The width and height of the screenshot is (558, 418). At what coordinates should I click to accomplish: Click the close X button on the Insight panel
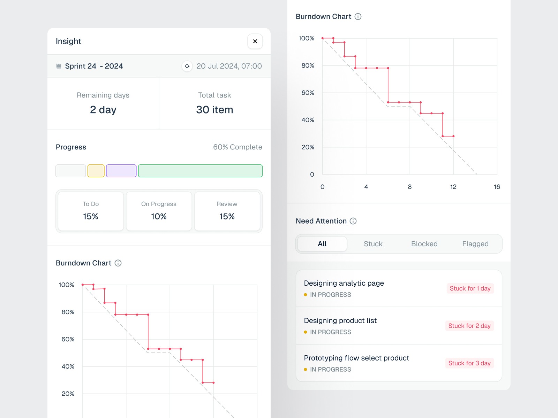pos(255,41)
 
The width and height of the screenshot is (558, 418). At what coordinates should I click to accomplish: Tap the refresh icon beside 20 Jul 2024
pos(187,66)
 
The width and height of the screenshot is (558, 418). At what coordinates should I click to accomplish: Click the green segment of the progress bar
pos(200,171)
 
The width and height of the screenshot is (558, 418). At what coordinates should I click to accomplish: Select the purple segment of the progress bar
pos(121,171)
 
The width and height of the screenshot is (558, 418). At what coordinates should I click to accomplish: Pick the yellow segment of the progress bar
pos(96,171)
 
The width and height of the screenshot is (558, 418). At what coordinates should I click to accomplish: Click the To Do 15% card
pos(91,211)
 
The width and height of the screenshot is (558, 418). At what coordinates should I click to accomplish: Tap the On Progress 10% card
pos(159,211)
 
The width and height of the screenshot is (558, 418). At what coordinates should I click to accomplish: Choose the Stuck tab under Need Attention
pos(373,244)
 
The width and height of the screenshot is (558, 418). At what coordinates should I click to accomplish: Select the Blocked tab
pos(424,244)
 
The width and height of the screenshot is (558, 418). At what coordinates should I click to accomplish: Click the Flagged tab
pos(475,244)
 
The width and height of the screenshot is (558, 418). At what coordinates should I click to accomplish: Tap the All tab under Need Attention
pos(322,244)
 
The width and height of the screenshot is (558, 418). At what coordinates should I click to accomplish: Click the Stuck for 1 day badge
pos(470,288)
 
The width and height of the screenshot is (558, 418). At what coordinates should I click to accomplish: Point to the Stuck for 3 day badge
pos(469,363)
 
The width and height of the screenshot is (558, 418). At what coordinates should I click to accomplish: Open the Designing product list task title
pos(340,320)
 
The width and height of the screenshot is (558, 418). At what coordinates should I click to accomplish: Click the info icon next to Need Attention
pos(353,221)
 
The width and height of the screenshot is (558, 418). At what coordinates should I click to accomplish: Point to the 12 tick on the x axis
pos(453,187)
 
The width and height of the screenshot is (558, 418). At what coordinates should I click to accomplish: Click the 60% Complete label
pos(237,147)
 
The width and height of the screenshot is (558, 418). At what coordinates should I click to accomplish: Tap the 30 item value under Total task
pos(214,110)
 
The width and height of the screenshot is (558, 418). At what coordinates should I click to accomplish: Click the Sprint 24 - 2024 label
pos(94,66)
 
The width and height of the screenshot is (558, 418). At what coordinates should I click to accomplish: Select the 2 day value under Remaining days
pos(103,110)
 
